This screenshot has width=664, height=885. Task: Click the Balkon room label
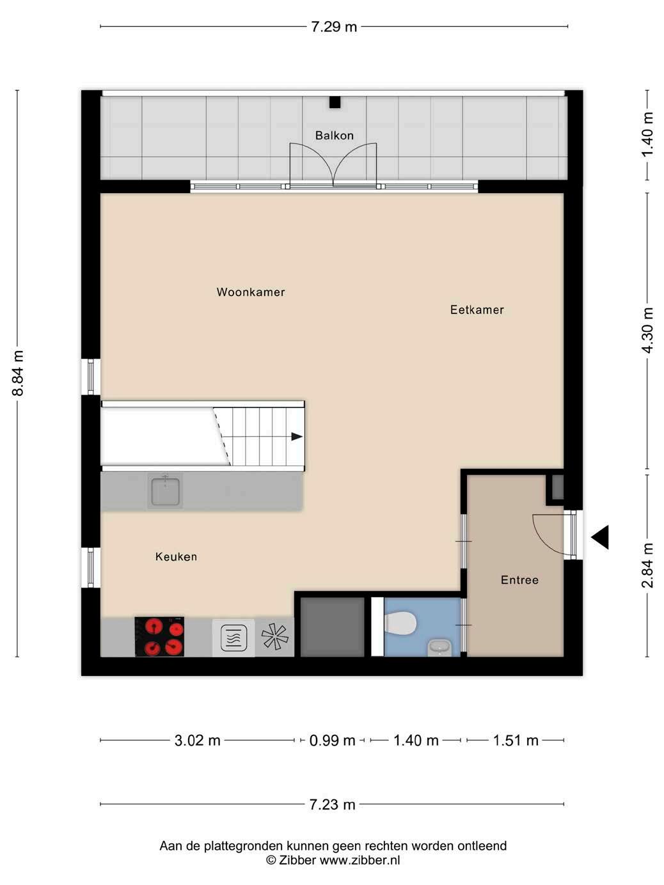coord(334,136)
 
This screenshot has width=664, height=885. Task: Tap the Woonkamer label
coord(251,292)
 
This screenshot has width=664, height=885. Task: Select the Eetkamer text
coord(477,309)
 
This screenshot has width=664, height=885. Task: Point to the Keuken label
coord(176,556)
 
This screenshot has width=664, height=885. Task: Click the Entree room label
coord(519,580)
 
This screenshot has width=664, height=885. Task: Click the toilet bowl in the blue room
coord(400,622)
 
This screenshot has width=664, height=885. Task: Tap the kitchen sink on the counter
coord(165,490)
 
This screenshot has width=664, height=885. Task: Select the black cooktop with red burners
coord(159,637)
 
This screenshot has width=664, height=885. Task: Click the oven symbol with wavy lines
coord(234,638)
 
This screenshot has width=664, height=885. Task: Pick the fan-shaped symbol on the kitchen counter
coord(275,637)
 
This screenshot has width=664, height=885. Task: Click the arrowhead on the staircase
coord(297,437)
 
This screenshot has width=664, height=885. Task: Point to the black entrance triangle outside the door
coord(600,537)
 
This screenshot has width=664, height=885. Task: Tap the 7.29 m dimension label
coord(334,27)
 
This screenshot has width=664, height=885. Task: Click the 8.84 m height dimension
coord(18,373)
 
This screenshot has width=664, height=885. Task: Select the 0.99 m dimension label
coord(332,740)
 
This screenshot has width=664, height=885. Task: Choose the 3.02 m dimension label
coord(197,740)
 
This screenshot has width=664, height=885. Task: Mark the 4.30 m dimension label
coord(647,330)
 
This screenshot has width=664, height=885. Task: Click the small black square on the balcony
coord(335,102)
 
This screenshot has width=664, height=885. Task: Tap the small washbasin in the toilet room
coord(439,647)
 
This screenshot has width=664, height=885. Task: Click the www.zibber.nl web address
coord(360,860)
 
